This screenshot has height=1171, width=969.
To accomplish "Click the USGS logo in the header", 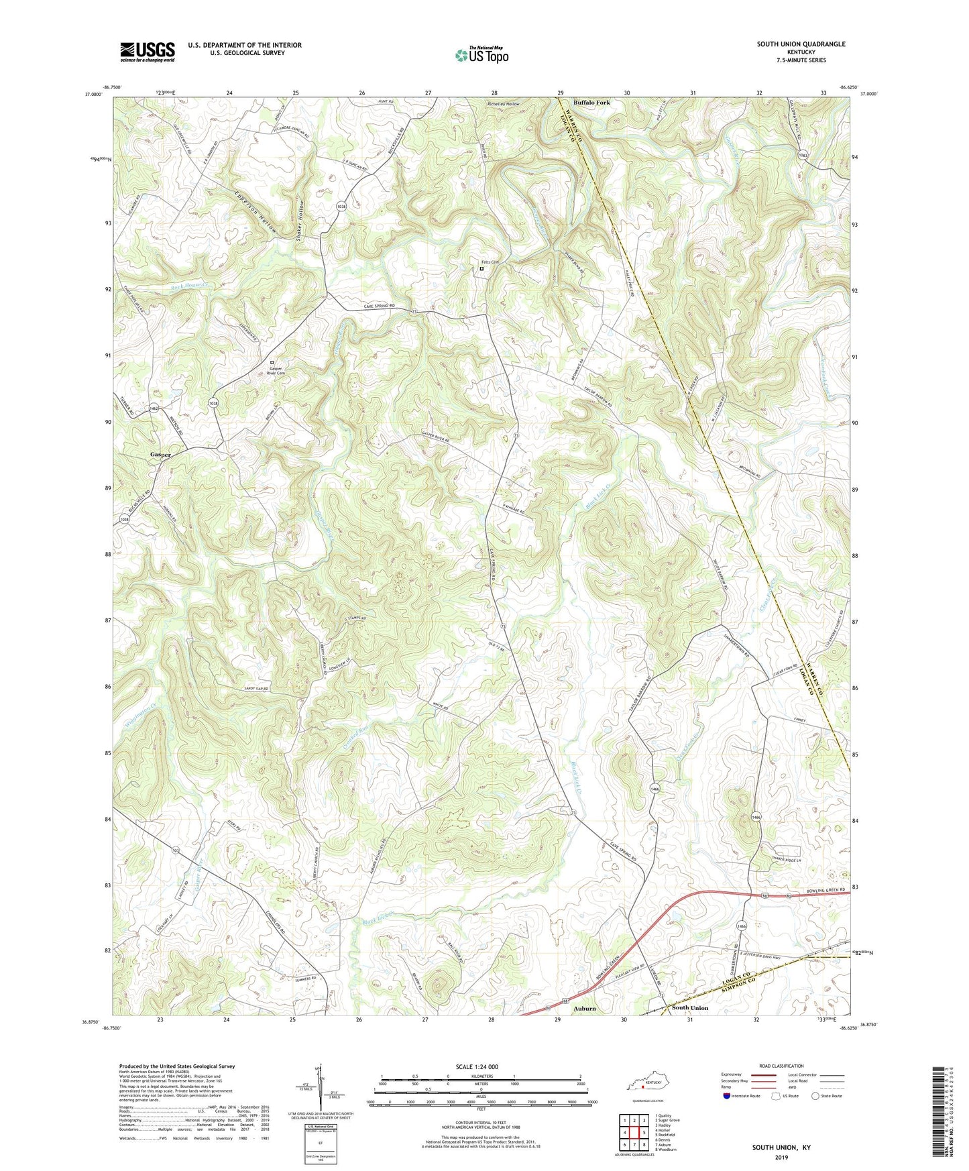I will [x=148, y=51].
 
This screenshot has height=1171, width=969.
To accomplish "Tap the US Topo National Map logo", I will [x=481, y=54].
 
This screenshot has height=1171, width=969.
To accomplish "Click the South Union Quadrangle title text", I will [x=801, y=44].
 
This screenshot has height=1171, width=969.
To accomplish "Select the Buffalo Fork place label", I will [x=591, y=103].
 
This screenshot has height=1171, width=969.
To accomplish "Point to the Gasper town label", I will [x=160, y=454].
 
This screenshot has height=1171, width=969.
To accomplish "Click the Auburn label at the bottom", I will [x=584, y=1008].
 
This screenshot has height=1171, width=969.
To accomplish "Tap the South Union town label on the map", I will [x=689, y=1008].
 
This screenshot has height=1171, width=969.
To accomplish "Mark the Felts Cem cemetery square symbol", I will [x=481, y=269].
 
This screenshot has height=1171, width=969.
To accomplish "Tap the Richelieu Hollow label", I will [x=503, y=105].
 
